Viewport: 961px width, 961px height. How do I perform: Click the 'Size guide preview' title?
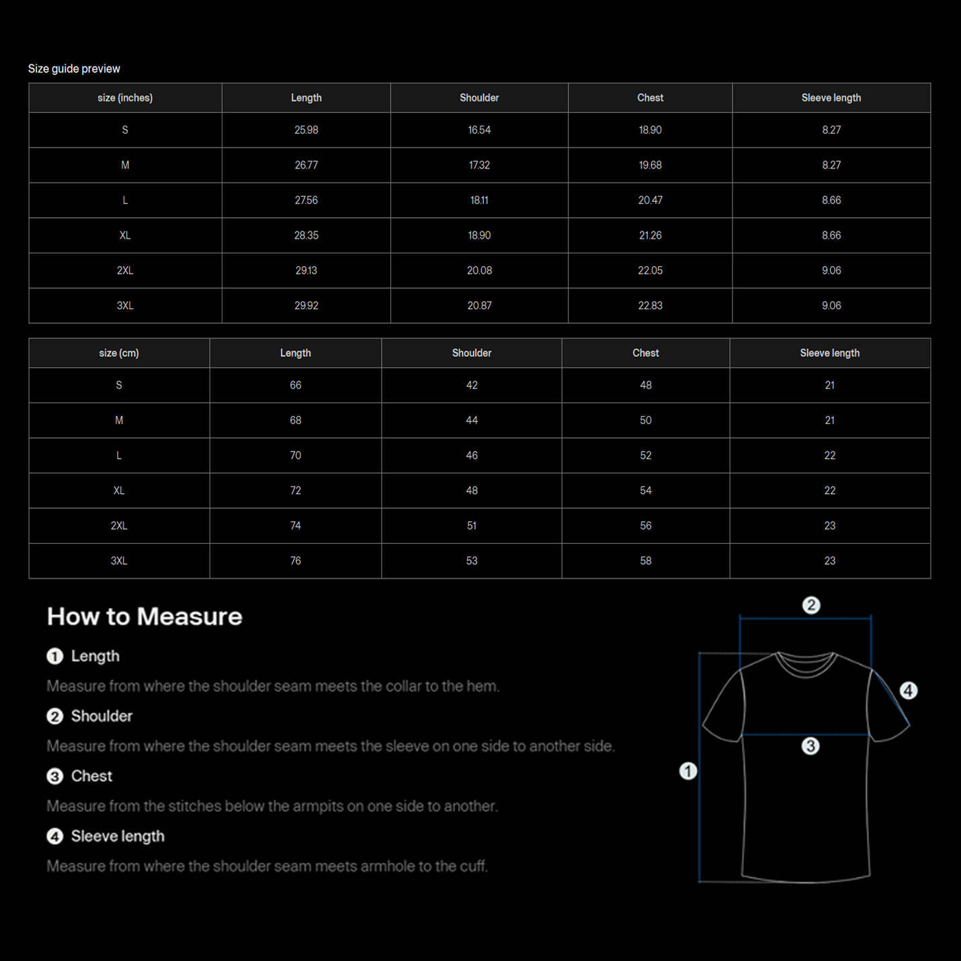74,69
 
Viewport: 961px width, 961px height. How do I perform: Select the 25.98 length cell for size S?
306,130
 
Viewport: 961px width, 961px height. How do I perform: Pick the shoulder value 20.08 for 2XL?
479,270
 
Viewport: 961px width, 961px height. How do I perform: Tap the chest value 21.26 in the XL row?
650,235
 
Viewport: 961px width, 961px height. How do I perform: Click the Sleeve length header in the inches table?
831,97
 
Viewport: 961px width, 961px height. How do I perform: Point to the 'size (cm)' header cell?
119,353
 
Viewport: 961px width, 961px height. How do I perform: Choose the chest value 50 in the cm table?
645,420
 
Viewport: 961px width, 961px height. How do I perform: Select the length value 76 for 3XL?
295,560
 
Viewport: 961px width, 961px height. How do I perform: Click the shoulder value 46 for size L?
471,455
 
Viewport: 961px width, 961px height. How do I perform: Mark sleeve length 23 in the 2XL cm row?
829,526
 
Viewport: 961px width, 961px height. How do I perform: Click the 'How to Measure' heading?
144,616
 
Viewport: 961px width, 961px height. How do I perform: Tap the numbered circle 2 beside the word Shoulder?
54,716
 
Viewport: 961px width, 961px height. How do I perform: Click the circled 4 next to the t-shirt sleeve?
908,690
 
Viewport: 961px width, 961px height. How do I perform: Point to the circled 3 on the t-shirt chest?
810,746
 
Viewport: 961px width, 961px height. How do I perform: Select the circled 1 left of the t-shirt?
687,771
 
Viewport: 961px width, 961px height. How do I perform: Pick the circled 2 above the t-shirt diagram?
811,605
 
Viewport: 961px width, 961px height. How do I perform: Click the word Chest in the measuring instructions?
91,776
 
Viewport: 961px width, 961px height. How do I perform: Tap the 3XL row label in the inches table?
125,305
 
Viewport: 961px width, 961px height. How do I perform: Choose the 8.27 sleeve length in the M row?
831,165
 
